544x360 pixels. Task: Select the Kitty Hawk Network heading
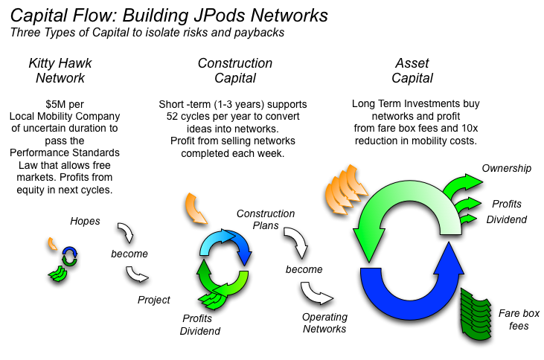[61, 71]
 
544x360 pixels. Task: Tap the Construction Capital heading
[235, 71]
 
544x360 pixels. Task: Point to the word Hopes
[85, 221]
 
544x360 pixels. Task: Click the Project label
[154, 300]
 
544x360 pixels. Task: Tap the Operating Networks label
[324, 323]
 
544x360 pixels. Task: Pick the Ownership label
[507, 168]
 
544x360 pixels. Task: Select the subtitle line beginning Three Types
[149, 32]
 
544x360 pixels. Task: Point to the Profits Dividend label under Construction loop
[198, 324]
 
